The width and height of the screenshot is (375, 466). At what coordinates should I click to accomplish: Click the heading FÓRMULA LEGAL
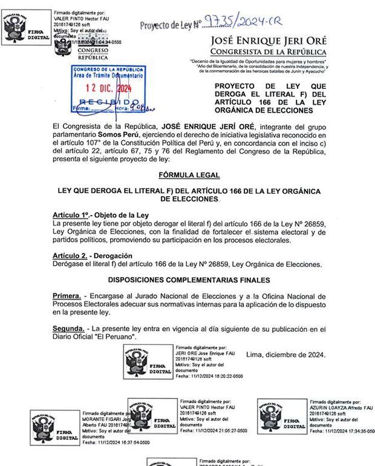point(189,174)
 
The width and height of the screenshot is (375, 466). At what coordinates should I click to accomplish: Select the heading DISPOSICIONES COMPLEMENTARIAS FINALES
point(189,280)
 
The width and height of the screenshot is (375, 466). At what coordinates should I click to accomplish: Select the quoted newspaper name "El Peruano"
point(116,337)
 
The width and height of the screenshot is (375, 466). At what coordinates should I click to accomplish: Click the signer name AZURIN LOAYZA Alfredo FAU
point(341,408)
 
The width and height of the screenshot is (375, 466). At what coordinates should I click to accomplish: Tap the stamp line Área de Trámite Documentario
point(108,76)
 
